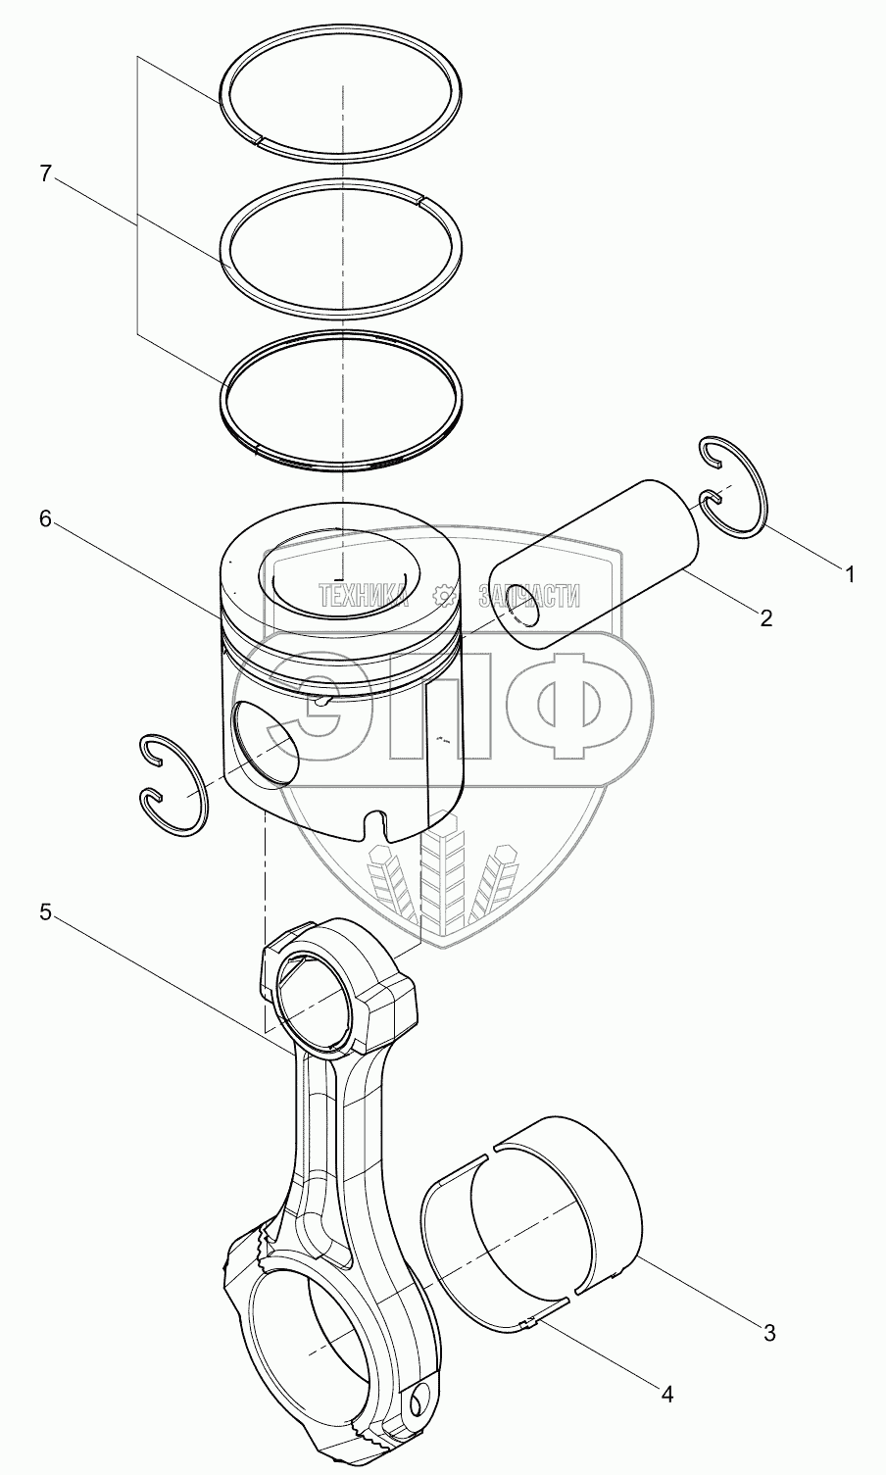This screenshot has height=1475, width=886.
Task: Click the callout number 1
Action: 851,575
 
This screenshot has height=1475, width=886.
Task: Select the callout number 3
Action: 769,1333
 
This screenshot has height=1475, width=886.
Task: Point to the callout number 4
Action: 667,1392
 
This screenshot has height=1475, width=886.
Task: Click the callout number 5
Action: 45,912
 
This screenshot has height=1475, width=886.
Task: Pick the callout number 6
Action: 45,520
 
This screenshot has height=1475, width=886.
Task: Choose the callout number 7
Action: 45,173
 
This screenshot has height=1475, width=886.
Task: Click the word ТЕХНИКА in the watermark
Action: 363,595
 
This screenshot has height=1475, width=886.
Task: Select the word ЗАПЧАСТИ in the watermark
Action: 528,595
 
